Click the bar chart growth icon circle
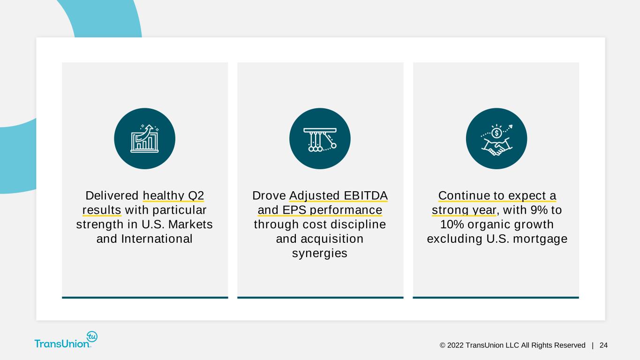coord(144,139)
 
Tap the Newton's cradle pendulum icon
coord(320,139)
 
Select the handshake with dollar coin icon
coord(497,139)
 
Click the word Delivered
coord(112,196)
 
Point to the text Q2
coord(196,196)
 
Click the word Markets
coord(190,224)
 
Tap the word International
coord(157,239)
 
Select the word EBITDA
coord(366,196)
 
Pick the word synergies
coord(320,254)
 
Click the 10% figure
coord(452,224)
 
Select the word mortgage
coord(540,240)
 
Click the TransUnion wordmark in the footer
coord(62,344)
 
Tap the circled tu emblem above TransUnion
coord(92,337)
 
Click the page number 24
coord(603,345)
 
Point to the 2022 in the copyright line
coord(455,345)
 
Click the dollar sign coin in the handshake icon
coord(497,133)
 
